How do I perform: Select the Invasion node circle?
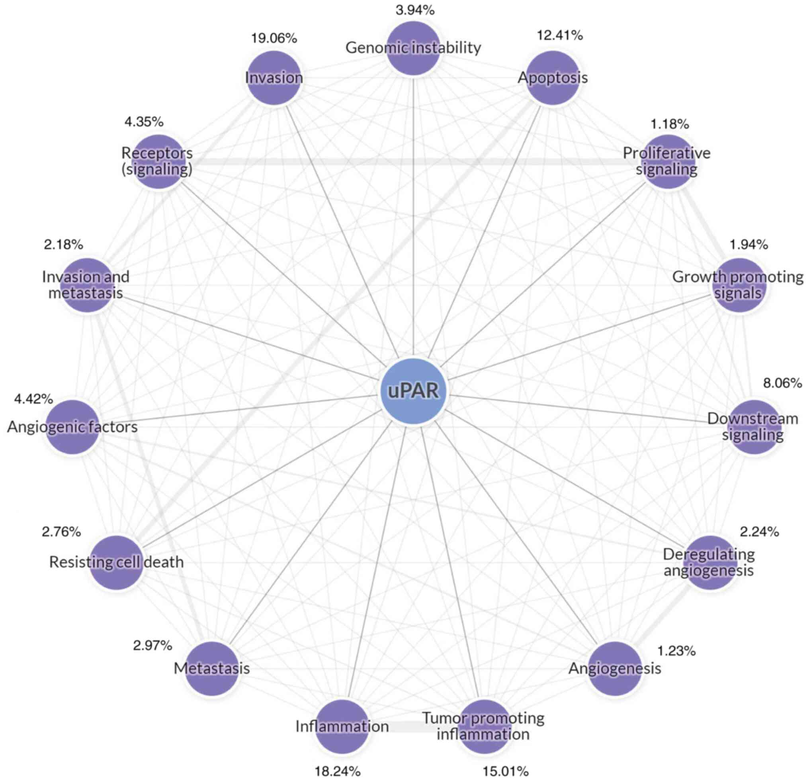point(274,78)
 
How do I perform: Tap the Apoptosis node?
point(553,78)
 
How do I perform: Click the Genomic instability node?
point(413,48)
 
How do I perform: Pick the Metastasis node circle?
point(212,668)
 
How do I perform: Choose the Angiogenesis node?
point(615,668)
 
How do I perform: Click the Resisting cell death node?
point(116,562)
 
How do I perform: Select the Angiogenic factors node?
point(72,427)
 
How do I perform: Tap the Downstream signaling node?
point(753,427)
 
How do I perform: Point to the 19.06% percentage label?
point(274,38)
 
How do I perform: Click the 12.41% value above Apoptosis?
point(559,35)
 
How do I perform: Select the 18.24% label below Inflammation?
point(338,771)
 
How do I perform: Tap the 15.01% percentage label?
point(506,771)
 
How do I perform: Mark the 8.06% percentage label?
point(782,383)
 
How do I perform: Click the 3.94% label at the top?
point(415,10)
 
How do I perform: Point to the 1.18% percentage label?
point(670,124)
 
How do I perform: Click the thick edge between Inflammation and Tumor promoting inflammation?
point(413,726)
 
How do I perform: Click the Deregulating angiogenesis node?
point(709,562)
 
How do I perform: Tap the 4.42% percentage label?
point(33,399)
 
